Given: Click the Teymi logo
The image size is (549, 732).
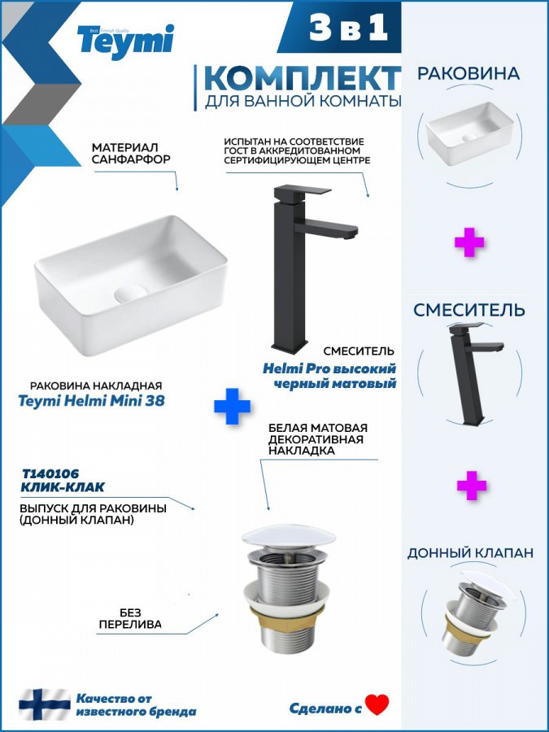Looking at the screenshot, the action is click(125, 41).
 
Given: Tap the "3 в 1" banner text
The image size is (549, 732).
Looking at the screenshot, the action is click(348, 28).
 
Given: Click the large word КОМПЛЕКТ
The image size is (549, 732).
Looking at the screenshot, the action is click(303, 78).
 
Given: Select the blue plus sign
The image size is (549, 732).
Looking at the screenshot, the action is click(232, 406).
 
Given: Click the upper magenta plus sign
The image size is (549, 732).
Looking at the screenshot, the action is click(469, 242).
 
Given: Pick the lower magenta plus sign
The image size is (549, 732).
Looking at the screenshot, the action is click(472, 486).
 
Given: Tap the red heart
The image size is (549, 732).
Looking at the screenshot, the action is click(377, 704).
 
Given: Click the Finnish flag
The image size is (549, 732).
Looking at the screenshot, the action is click(45, 704).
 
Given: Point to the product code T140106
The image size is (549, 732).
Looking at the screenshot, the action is click(50, 474).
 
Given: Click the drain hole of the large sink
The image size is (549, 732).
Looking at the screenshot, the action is click(131, 293).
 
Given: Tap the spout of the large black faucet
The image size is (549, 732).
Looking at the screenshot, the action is click(327, 229).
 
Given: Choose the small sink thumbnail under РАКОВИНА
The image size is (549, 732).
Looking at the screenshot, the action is click(469, 133).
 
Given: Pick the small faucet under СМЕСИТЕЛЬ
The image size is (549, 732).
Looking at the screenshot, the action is click(475, 373).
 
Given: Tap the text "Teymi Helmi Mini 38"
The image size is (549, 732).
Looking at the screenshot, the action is click(91, 401).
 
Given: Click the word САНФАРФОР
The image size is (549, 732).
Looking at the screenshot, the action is click(131, 159).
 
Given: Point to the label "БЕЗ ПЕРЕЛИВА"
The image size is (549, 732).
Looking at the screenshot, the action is click(130, 618).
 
